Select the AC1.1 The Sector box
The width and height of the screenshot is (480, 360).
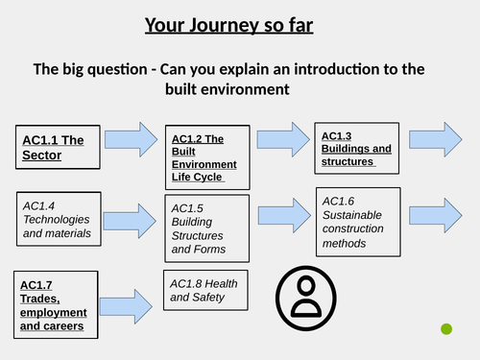coord(56,150)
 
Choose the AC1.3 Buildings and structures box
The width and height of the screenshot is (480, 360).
coord(356,148)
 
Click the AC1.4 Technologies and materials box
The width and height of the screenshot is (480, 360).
coord(61,219)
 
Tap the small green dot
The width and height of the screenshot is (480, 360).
coord(446,329)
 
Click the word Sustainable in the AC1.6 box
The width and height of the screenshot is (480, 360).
coord(351,215)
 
